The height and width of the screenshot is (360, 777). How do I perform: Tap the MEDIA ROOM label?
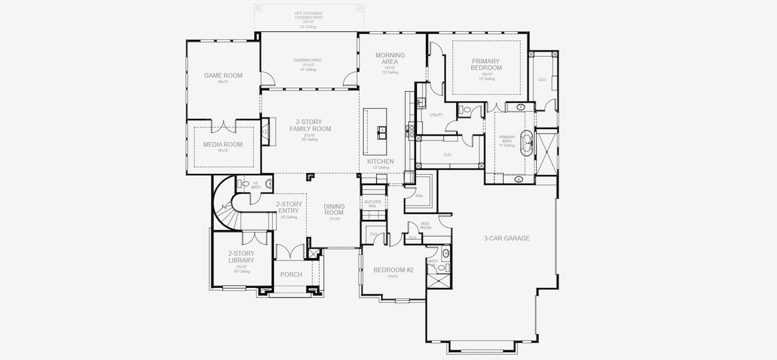tap(223, 145)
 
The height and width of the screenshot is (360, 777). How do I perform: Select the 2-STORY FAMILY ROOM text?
tap(310, 125)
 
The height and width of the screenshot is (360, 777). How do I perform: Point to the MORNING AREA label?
tap(390, 59)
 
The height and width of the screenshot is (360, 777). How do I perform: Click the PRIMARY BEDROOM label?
tap(486, 64)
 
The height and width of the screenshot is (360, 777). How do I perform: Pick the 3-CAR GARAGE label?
tap(506, 238)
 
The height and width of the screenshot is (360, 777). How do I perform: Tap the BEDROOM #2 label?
tap(393, 270)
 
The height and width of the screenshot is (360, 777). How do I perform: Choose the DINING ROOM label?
tap(334, 209)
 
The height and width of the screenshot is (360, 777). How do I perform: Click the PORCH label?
tap(292, 275)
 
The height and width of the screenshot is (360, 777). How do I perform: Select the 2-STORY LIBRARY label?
tap(241, 257)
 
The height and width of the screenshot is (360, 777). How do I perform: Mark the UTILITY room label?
tap(436, 115)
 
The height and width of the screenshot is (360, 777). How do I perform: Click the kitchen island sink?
tap(380, 130)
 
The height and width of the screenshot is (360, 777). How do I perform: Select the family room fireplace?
tap(265, 130)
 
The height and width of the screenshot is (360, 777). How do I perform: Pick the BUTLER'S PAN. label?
tap(372, 204)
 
